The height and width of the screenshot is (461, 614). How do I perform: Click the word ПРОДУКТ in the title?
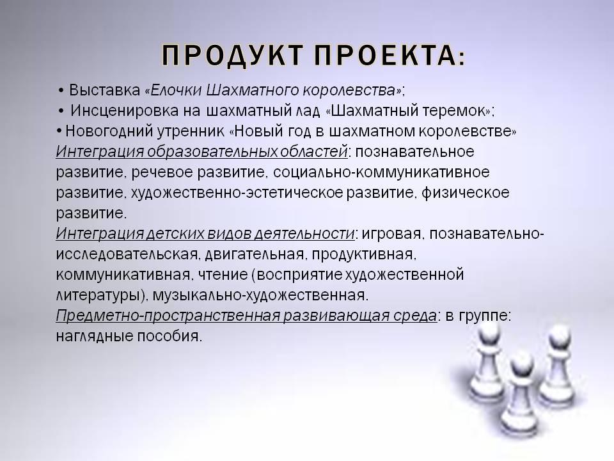point(232,55)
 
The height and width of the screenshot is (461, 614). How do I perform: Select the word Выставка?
point(104,90)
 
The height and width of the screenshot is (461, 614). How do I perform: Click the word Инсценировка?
point(125,111)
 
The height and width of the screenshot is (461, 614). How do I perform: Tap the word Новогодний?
point(109,131)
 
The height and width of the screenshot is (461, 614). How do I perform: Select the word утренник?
point(191,132)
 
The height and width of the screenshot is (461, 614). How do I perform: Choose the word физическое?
point(465,193)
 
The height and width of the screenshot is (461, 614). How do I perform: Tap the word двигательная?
point(254,255)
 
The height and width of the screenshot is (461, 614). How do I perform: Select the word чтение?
point(223,275)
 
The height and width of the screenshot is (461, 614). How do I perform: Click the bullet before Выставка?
point(61,91)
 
